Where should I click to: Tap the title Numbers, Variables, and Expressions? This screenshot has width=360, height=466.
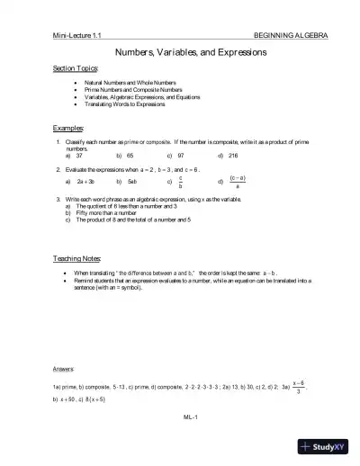pyautogui.click(x=179, y=52)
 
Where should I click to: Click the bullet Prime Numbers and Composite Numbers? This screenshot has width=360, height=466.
pyautogui.click(x=127, y=91)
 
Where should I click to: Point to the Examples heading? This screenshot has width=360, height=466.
pyautogui.click(x=68, y=128)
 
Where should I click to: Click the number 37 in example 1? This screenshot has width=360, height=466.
pyautogui.click(x=79, y=155)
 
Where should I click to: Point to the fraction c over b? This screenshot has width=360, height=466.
pyautogui.click(x=180, y=182)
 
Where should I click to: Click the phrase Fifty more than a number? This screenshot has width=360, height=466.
pyautogui.click(x=107, y=212)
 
